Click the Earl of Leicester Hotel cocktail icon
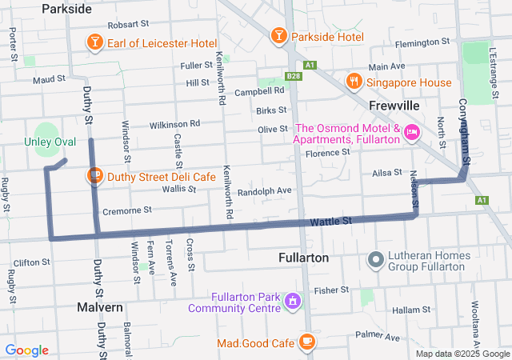94,42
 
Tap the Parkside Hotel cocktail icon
278,36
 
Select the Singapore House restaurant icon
353,82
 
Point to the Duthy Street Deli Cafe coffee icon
94,175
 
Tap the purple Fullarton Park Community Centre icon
294,301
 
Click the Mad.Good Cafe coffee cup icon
306,342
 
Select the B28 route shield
293,77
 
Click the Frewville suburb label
395,106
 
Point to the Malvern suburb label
100,307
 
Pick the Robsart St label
116,26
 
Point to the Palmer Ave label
378,334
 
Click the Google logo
26,350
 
